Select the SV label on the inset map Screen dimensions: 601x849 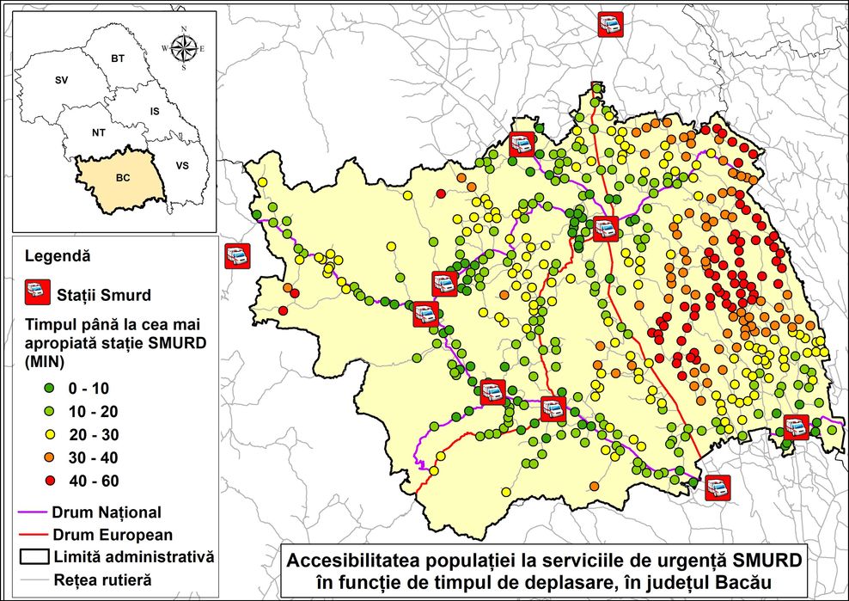[61, 79]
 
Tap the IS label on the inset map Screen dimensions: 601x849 [155, 112]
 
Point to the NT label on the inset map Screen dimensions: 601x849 [99, 133]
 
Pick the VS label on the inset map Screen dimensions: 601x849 [182, 164]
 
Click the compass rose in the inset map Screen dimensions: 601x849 [183, 48]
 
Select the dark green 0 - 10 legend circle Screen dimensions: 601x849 [34, 388]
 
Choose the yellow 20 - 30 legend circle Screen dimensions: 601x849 [34, 434]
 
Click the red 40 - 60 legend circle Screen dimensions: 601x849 [34, 481]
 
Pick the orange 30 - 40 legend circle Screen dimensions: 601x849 [34, 457]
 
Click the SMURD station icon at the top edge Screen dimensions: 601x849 [609, 24]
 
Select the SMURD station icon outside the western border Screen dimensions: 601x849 [236, 256]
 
